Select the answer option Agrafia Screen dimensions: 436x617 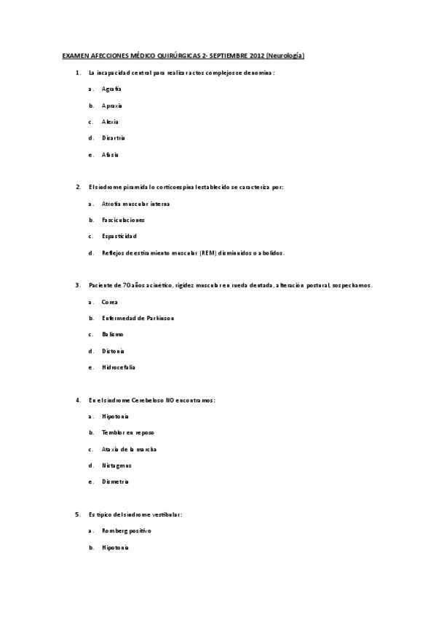pyautogui.click(x=111, y=89)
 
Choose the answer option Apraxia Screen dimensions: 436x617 pyautogui.click(x=112, y=106)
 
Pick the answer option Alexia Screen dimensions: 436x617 pyautogui.click(x=110, y=122)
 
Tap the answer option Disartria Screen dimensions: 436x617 pyautogui.click(x=114, y=138)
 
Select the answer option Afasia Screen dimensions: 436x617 pyautogui.click(x=110, y=154)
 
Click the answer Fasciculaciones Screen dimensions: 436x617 pyautogui.click(x=124, y=220)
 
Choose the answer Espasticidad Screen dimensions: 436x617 pyautogui.click(x=119, y=236)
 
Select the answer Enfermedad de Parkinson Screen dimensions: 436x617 pyautogui.click(x=138, y=318)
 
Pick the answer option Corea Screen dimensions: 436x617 pyautogui.click(x=109, y=302)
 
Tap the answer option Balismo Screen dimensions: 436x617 pyautogui.click(x=113, y=334)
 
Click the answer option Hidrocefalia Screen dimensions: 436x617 pyautogui.click(x=119, y=367)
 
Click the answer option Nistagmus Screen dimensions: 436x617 pyautogui.click(x=116, y=465)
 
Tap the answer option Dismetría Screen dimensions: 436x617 pyautogui.click(x=115, y=481)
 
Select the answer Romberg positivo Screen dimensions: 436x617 pyautogui.click(x=127, y=530)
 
